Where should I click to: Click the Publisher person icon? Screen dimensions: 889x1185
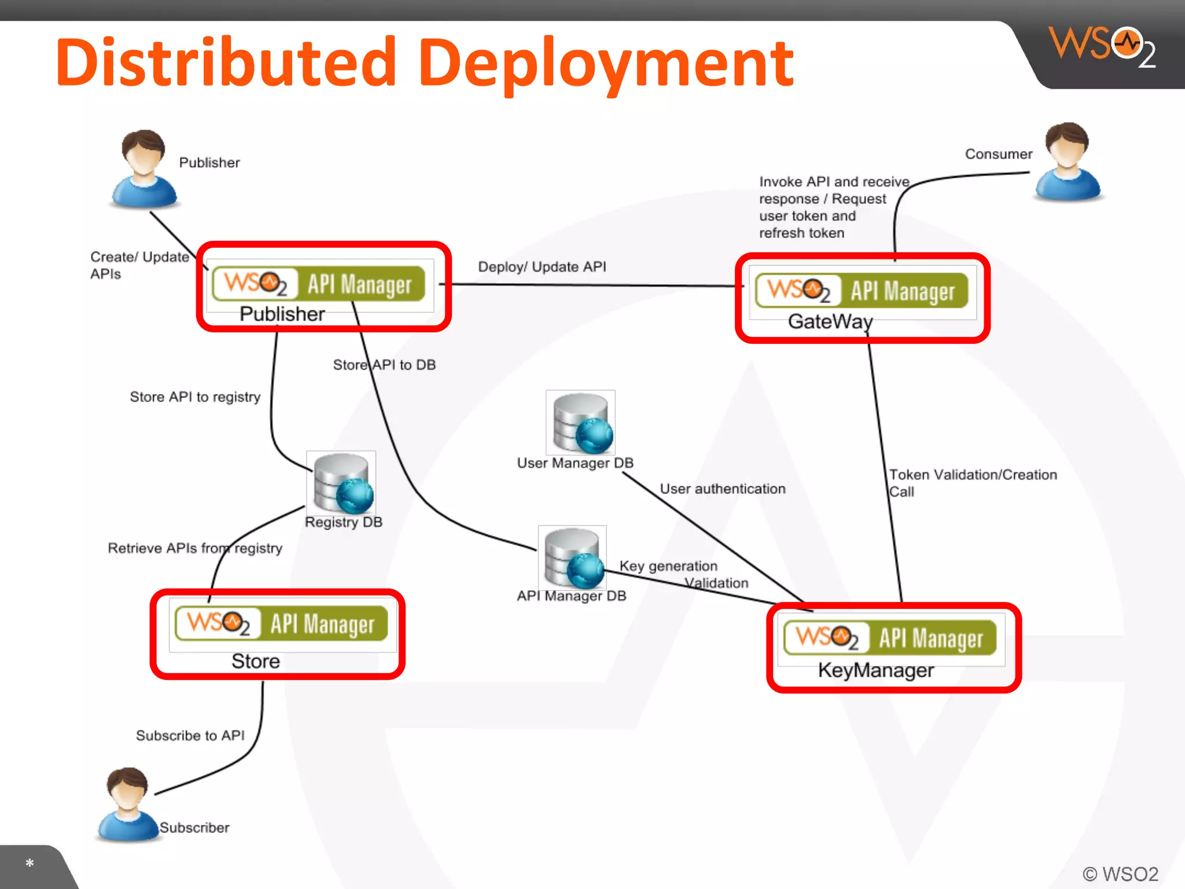[x=143, y=168]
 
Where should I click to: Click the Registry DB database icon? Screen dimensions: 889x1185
[x=342, y=483]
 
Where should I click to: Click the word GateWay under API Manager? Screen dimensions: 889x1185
[x=830, y=322]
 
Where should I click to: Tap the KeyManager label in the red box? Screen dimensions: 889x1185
[x=875, y=670]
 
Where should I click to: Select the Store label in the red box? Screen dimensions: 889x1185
[x=255, y=661]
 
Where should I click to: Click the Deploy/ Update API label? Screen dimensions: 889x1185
[x=542, y=267]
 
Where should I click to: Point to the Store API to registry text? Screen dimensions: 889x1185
[x=195, y=397]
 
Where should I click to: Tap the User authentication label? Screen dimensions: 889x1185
[x=722, y=489]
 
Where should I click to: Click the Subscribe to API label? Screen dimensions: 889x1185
[x=190, y=736]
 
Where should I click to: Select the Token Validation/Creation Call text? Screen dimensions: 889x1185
[x=972, y=483]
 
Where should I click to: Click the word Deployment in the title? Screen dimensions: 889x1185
[x=605, y=63]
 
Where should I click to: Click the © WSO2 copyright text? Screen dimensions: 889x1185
[x=1120, y=873]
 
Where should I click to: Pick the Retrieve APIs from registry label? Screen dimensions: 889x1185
[x=195, y=548]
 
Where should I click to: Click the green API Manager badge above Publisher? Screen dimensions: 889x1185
[x=318, y=284]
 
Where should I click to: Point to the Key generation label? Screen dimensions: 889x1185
[x=668, y=566]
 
